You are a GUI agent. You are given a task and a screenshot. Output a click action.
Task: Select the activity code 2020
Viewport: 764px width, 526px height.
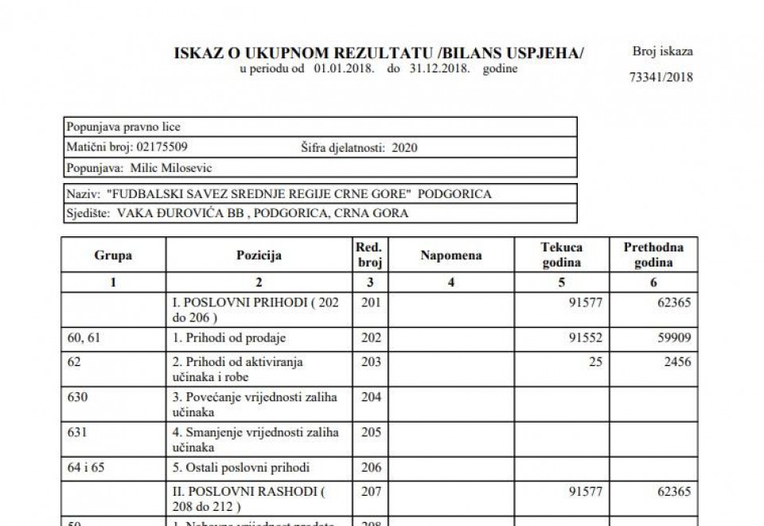(x=404, y=147)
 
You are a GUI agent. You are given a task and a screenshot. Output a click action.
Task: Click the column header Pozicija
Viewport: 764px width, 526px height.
(x=259, y=255)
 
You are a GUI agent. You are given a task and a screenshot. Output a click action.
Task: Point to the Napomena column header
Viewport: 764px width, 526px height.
(x=451, y=255)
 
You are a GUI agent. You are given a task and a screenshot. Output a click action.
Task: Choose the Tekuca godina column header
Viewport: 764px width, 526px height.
(x=562, y=255)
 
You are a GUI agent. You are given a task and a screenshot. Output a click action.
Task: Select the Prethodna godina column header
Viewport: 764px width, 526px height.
(x=653, y=255)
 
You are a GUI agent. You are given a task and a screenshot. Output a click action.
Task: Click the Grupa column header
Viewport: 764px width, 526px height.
(x=113, y=255)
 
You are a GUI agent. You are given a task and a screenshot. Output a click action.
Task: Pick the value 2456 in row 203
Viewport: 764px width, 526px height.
(x=676, y=361)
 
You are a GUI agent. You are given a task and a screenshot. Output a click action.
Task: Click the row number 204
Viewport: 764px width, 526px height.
(x=372, y=397)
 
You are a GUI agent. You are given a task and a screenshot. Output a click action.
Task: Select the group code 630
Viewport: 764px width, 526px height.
(x=76, y=397)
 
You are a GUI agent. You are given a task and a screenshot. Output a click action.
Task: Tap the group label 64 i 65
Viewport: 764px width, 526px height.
(x=85, y=467)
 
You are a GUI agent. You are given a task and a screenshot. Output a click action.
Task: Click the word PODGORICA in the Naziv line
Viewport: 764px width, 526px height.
(x=454, y=193)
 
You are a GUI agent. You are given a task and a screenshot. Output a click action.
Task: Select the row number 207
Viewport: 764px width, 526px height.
(x=372, y=491)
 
